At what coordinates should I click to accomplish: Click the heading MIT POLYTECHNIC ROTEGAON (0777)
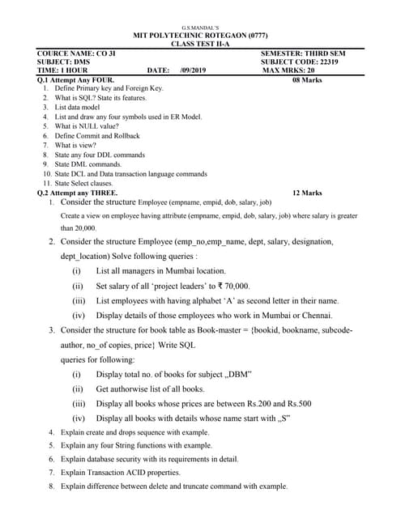click(x=200, y=36)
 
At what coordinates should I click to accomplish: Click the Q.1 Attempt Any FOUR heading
click(x=76, y=80)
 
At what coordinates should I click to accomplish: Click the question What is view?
click(x=76, y=146)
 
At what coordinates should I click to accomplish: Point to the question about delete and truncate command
click(x=173, y=486)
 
